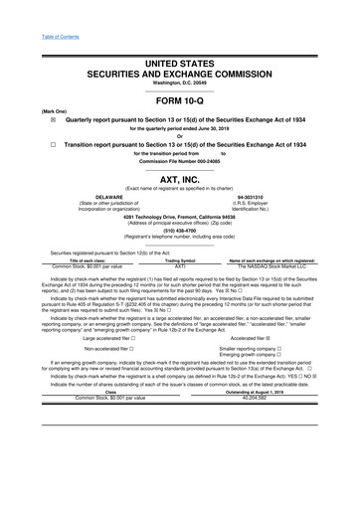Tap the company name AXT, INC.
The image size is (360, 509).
(180, 180)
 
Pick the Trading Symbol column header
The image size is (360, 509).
(180, 260)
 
